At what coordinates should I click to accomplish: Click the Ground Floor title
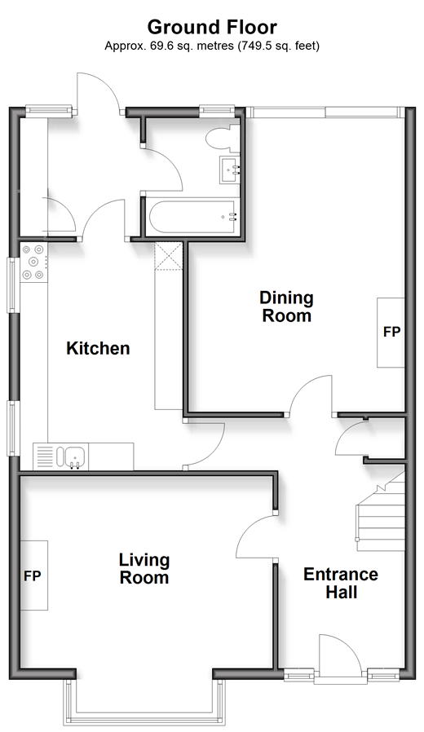(x=212, y=28)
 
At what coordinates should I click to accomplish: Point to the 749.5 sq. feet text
(x=280, y=46)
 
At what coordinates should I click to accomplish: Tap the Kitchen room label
(x=98, y=348)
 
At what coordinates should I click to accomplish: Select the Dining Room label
(x=287, y=306)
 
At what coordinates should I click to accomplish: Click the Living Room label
(x=144, y=569)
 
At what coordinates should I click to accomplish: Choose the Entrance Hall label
(x=341, y=583)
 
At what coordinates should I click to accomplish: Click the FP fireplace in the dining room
(x=391, y=332)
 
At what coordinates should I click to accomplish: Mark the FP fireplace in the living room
(x=33, y=575)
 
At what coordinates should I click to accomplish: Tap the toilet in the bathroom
(x=223, y=137)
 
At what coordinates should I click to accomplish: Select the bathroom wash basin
(x=230, y=170)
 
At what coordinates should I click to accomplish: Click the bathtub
(x=193, y=217)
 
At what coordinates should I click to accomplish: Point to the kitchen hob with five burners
(x=33, y=262)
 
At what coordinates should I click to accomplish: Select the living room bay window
(x=144, y=703)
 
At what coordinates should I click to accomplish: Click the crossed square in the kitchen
(x=168, y=256)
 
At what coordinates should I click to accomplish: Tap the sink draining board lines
(x=45, y=456)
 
